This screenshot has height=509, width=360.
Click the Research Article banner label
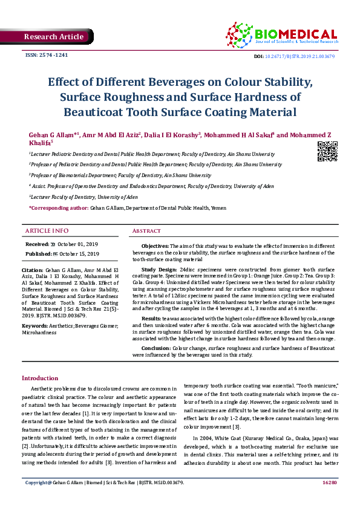tap(53, 37)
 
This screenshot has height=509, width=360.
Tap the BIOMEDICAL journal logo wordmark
tap(296, 34)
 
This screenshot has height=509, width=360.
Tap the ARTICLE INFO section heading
tap(47, 231)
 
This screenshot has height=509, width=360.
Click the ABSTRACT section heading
tap(146, 231)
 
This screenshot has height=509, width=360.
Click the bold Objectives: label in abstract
tap(155, 247)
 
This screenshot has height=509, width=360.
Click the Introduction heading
tap(40, 377)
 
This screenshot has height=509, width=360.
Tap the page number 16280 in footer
tap(329, 499)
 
